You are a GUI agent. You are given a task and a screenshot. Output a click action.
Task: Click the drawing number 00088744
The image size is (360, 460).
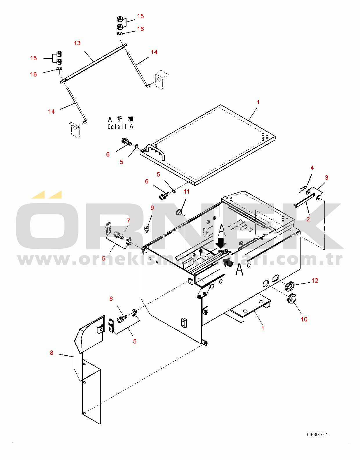click(317, 434)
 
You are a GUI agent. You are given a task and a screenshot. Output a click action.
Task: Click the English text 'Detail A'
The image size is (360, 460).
click(120, 127)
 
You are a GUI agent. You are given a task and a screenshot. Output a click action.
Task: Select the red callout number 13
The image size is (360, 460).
click(77, 43)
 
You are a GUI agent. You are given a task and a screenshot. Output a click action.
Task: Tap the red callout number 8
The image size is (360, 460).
click(51, 353)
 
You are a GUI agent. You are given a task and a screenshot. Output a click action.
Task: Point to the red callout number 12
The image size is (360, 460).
click(315, 281)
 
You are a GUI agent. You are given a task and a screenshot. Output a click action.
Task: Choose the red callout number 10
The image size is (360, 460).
click(304, 319)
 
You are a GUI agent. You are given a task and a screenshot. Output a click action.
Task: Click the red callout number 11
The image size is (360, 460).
click(186, 192)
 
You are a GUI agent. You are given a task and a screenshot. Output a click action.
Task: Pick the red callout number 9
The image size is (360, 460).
click(152, 208)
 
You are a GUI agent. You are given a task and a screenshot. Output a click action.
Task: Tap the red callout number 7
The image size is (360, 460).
click(128, 221)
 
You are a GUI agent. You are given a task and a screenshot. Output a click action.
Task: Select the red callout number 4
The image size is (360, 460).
click(312, 168)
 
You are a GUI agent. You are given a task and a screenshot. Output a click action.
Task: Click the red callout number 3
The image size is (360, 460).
click(327, 178)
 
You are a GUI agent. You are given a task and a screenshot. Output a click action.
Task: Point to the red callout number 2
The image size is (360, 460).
click(308, 219)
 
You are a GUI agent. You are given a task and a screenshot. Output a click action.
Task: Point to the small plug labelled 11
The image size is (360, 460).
click(179, 212)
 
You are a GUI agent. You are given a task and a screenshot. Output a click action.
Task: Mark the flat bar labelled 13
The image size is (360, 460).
click(93, 63)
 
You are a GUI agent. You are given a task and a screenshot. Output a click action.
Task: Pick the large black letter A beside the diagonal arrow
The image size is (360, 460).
click(240, 269)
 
